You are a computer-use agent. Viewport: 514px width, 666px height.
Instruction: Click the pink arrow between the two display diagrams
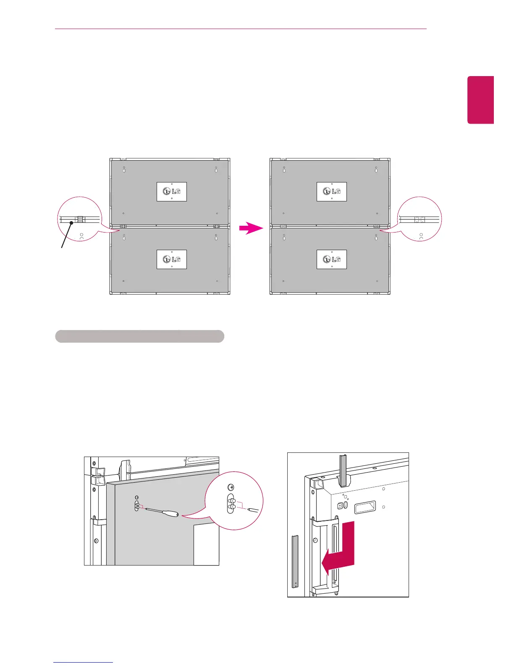[251, 228]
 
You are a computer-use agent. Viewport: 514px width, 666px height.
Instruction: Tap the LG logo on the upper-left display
[171, 192]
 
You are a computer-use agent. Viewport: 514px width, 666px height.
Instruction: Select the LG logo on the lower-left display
[171, 259]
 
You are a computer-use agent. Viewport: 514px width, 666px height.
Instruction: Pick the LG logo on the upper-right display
[331, 192]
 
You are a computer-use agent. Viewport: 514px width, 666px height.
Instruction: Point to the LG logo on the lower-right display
[331, 259]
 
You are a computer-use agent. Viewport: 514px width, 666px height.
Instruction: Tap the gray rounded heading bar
[139, 336]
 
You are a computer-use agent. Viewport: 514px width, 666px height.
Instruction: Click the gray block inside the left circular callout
[81, 219]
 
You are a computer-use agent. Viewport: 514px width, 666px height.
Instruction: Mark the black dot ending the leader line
[72, 223]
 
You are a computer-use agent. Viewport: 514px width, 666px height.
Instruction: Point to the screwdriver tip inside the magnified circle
[252, 510]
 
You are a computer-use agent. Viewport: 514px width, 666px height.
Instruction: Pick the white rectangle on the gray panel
[206, 544]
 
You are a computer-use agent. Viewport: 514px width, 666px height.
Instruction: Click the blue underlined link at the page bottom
[84, 662]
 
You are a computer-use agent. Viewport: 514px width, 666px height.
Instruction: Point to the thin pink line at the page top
[241, 29]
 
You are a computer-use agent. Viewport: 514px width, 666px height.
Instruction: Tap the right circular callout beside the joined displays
[420, 219]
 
